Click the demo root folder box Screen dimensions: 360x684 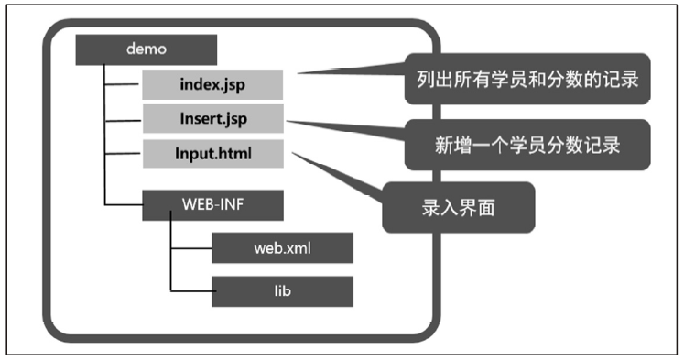tap(146, 49)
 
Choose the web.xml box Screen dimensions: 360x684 tap(282, 247)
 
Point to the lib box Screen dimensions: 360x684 tap(282, 290)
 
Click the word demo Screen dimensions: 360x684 tap(146, 49)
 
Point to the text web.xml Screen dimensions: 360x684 tap(282, 247)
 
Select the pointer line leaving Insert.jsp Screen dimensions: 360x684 tap(343, 126)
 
